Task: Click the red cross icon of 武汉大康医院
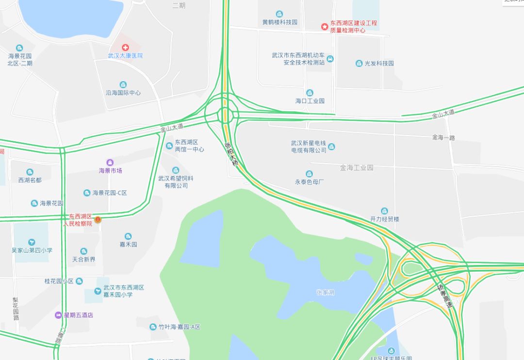(125, 47)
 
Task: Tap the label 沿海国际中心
(123, 93)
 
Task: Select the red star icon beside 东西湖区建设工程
(324, 27)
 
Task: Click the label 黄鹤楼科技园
(280, 22)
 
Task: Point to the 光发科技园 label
(379, 64)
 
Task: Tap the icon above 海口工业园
(310, 93)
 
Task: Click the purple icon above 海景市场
(110, 162)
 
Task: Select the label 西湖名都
(30, 180)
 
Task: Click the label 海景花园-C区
(110, 193)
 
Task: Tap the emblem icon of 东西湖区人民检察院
(98, 220)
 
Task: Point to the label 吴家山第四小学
(32, 250)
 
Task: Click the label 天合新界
(84, 260)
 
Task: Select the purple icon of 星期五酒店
(59, 315)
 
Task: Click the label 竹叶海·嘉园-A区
(179, 327)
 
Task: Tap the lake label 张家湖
(325, 293)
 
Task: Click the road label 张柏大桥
(231, 154)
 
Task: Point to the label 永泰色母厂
(309, 182)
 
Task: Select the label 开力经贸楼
(385, 219)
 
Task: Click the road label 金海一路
(443, 138)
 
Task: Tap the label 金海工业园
(357, 168)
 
